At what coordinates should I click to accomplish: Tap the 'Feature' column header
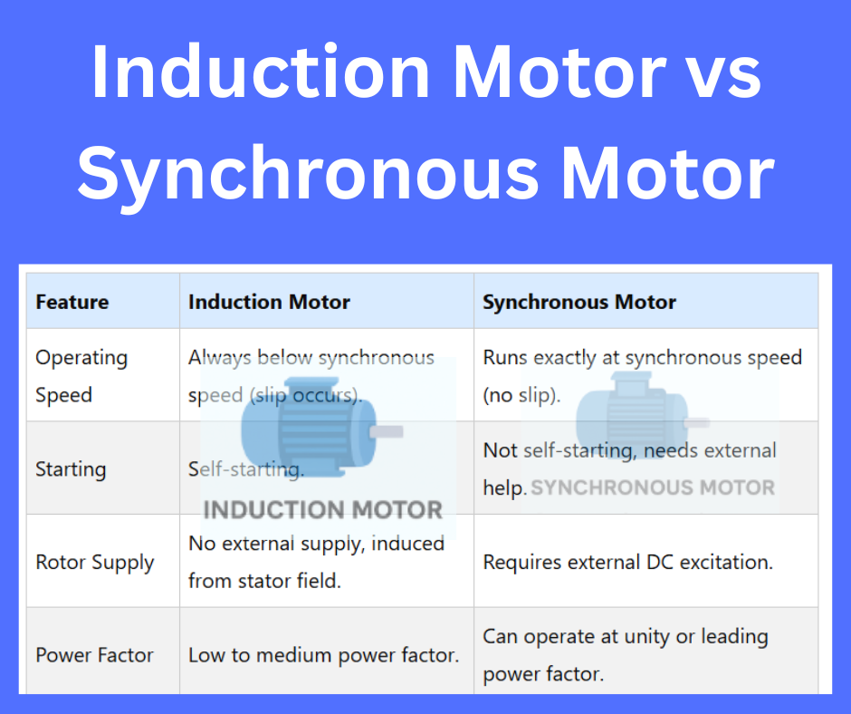[72, 302]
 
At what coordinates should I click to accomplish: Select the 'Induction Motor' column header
[269, 302]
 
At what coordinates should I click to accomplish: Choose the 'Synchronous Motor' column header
[579, 302]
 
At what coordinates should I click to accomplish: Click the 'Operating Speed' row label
[81, 376]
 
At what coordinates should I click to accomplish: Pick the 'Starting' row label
[71, 469]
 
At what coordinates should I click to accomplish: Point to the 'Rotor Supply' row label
[95, 562]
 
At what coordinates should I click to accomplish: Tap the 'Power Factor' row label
[95, 655]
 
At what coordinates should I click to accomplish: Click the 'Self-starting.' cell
[245, 469]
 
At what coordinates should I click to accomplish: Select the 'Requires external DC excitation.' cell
[627, 562]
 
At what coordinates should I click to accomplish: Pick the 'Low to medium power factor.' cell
[323, 655]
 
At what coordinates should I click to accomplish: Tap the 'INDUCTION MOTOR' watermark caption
[323, 509]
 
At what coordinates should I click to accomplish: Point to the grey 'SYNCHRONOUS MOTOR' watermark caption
[653, 488]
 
